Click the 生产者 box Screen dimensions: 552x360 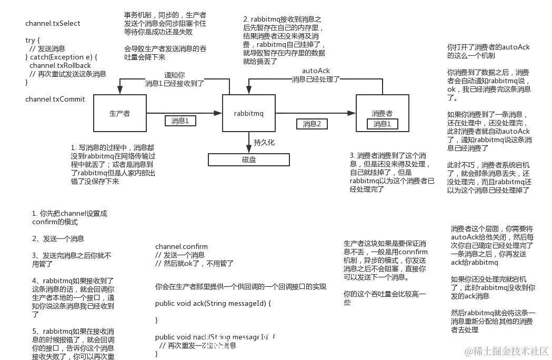tap(119, 113)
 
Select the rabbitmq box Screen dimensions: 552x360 tap(249, 113)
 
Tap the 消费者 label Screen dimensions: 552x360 tap(382, 113)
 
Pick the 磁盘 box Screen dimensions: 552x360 tap(249, 159)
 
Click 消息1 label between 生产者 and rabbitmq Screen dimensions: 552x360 tap(180, 121)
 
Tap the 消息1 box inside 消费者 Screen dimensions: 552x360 tap(383, 124)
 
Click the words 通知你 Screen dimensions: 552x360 tap(174, 74)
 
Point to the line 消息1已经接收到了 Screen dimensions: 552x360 tap(174, 83)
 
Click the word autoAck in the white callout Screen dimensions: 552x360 tap(316, 70)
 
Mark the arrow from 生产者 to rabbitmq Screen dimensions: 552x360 tap(184, 112)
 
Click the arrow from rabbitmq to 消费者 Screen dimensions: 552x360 tap(316, 112)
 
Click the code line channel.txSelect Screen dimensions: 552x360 tap(53, 24)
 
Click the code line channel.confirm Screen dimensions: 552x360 tap(182, 246)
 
